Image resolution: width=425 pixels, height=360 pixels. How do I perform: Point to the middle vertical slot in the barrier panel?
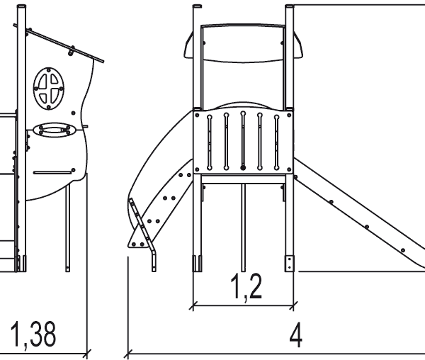click(x=243, y=140)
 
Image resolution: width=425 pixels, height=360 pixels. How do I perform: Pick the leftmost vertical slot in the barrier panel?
click(x=209, y=140)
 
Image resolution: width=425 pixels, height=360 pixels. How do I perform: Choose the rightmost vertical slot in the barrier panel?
click(x=277, y=140)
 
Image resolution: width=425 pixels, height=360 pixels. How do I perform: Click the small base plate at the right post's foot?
click(x=289, y=263)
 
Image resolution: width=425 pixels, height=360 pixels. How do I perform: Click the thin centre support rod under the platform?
click(x=243, y=227)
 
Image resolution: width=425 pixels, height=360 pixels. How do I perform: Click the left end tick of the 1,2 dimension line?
click(x=193, y=307)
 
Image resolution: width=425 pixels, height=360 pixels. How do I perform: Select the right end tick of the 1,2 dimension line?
click(x=293, y=307)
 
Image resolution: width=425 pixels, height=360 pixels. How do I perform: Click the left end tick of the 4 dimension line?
click(x=128, y=351)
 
